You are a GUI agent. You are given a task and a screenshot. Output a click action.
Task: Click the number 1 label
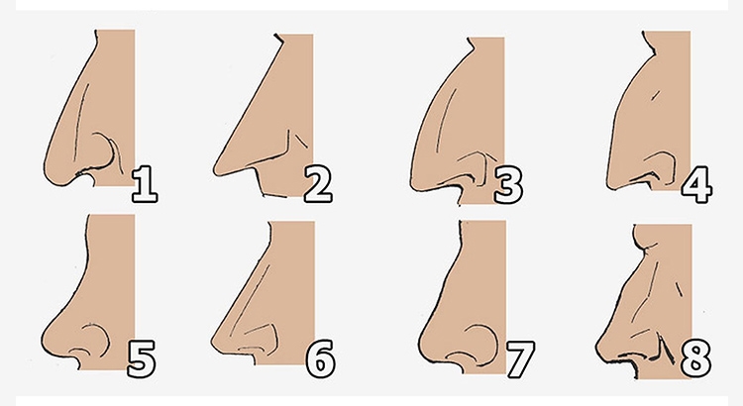click(x=145, y=184)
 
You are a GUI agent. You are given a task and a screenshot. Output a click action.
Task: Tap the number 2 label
click(x=318, y=184)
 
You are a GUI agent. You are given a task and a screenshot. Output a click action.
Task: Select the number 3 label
click(x=508, y=185)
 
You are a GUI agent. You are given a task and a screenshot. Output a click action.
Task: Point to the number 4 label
click(x=696, y=185)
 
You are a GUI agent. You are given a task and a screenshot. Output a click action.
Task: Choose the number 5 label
click(x=142, y=359)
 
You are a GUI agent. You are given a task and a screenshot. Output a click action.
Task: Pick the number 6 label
click(x=320, y=359)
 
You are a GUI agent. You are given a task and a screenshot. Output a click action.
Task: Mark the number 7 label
click(x=520, y=359)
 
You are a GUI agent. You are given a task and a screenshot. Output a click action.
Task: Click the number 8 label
click(x=695, y=359)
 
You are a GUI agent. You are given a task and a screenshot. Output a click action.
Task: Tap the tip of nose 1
click(x=45, y=169)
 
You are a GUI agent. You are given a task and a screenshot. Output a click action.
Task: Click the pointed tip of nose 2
click(x=215, y=169)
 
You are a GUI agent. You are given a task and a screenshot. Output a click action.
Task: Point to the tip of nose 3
click(x=411, y=180)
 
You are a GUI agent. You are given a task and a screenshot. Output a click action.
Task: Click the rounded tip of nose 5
click(x=43, y=339)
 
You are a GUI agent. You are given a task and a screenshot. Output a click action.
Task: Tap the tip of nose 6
click(x=212, y=342)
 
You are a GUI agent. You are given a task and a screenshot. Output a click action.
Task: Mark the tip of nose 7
click(x=420, y=342)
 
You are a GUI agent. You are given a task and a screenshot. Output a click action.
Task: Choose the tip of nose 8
click(x=596, y=349)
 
